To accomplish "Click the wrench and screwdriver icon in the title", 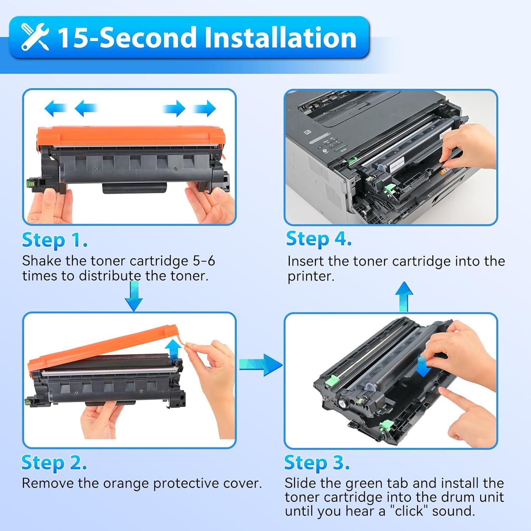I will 35,37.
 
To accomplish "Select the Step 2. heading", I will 54,462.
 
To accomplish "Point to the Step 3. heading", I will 317,462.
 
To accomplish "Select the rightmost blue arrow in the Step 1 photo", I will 204,108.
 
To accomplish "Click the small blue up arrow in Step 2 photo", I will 173,349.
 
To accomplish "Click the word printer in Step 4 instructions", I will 310,276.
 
